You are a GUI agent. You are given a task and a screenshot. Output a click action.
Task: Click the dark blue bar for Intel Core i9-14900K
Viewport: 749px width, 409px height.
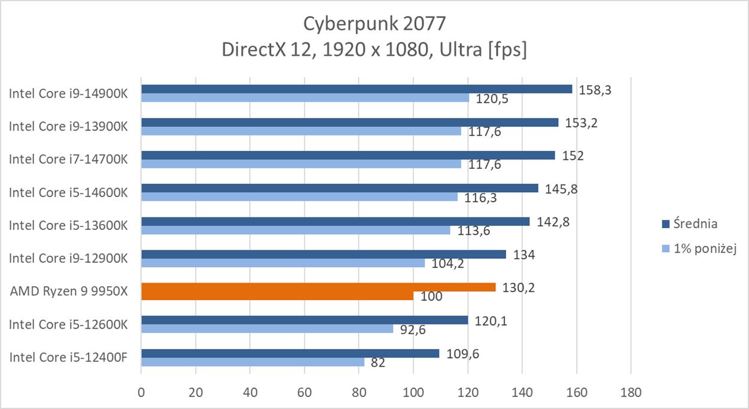357,89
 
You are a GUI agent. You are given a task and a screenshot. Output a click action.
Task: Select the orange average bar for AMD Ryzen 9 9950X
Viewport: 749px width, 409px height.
318,287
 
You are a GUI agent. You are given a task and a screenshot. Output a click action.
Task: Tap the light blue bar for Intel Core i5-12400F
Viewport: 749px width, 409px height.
252,362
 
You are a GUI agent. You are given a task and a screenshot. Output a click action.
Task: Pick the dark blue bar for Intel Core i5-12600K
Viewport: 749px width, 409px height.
304,320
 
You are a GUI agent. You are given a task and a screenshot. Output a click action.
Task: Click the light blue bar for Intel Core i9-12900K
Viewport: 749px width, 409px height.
282,263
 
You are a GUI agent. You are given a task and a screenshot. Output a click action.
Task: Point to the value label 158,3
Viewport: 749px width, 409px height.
594,90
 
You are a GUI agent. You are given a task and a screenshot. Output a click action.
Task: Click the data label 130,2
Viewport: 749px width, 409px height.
518,287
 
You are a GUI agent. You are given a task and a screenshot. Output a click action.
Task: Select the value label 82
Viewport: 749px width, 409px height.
378,363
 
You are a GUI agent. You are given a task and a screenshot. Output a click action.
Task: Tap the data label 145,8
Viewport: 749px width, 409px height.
561,189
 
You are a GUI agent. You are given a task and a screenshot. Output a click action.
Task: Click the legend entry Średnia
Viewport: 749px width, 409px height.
695,224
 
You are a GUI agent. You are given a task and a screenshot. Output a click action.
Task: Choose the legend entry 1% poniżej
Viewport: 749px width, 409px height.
704,249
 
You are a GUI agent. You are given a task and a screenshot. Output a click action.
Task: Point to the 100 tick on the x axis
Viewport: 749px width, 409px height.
413,393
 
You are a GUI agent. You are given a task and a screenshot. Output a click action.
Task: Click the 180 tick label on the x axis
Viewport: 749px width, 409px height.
631,393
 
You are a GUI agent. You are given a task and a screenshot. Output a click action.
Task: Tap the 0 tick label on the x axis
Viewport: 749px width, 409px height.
141,393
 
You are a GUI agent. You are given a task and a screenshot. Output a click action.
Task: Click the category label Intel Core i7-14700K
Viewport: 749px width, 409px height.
68,159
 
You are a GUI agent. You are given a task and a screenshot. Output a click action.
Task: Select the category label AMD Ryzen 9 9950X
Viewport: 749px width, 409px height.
69,292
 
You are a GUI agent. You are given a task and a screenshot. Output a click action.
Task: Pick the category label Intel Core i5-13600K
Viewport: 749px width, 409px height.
68,226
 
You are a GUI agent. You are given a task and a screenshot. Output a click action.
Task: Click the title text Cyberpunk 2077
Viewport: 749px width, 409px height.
374,23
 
